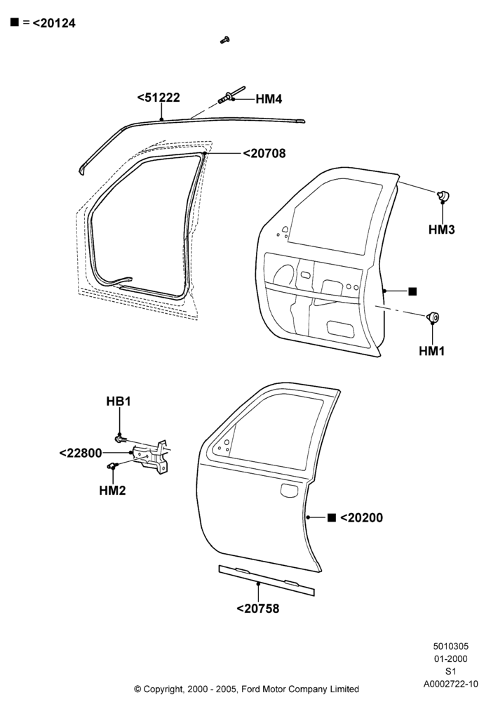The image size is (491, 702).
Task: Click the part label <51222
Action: tap(159, 98)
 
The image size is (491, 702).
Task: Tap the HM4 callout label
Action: tap(269, 99)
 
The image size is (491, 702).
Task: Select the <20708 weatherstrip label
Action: tap(264, 153)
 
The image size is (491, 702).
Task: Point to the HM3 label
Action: tap(441, 230)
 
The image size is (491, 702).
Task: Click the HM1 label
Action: tap(431, 351)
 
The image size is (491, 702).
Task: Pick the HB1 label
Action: tap(119, 401)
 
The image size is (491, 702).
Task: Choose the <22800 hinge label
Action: tap(81, 453)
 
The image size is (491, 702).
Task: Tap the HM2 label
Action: tap(112, 491)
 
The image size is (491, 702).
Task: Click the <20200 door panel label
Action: tap(361, 517)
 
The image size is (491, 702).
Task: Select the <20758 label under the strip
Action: tap(257, 609)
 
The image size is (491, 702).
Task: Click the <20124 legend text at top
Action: tap(54, 23)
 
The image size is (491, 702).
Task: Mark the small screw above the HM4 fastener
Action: tap(225, 40)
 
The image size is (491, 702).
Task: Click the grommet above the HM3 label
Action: tap(443, 196)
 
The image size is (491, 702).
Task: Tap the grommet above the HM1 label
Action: tap(432, 317)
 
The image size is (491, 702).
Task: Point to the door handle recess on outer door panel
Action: tap(289, 490)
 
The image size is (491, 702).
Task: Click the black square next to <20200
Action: tap(331, 517)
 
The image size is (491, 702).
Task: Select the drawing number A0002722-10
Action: tap(451, 684)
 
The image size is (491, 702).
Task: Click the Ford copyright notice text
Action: tap(246, 689)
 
